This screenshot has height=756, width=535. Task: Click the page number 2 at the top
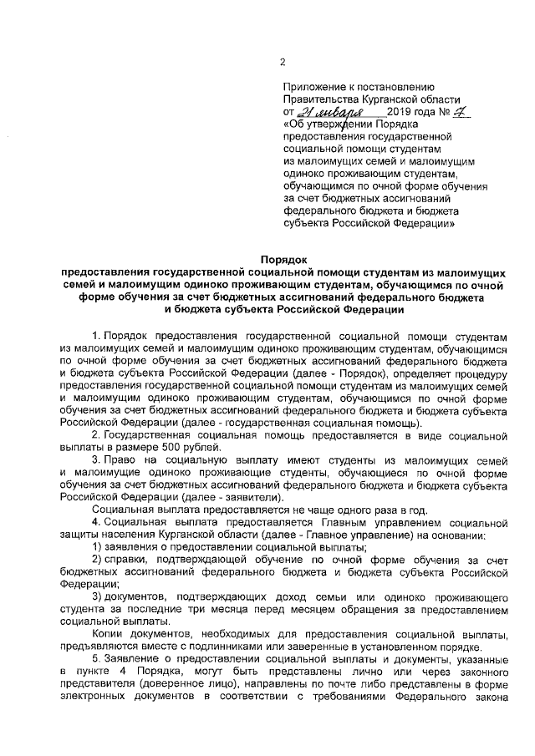point(283,63)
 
